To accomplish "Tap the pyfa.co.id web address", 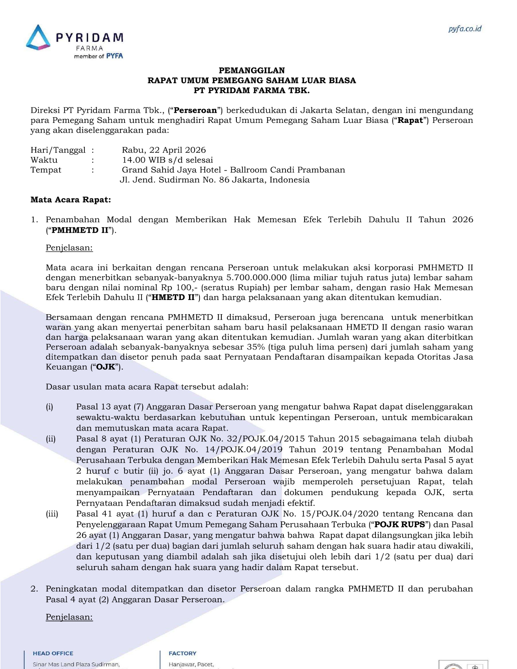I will (465, 29).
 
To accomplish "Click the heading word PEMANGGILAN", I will (252, 71).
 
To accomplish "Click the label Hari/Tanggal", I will (58, 150).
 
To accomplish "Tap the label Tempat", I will (46, 170).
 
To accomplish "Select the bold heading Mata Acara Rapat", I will (71, 199).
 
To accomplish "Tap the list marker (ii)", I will (51, 439).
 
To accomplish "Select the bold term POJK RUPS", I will (399, 524).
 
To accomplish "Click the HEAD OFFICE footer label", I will (53, 653).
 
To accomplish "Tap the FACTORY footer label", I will (182, 653).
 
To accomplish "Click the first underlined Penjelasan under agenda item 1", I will (69, 248).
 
